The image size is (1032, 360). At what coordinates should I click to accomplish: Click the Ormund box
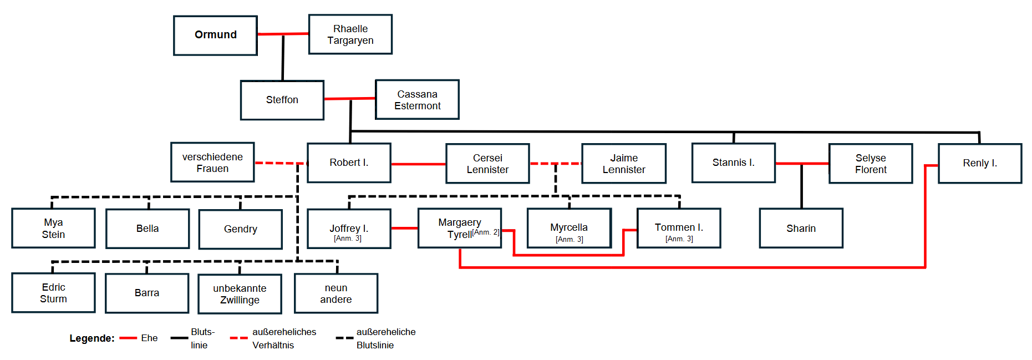(x=215, y=36)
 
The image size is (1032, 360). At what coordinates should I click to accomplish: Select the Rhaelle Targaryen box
(x=350, y=34)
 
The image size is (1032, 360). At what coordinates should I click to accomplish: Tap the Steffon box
(x=282, y=100)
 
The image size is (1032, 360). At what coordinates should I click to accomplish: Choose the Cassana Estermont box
(x=418, y=100)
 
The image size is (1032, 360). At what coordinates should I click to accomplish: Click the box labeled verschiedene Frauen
(x=212, y=163)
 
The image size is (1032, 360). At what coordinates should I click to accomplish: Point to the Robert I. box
(x=349, y=163)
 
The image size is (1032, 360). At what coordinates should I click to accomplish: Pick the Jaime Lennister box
(x=624, y=164)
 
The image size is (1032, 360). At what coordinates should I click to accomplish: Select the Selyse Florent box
(x=871, y=164)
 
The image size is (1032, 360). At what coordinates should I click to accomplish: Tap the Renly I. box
(x=980, y=164)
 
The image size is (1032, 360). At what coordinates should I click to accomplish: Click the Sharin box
(x=801, y=229)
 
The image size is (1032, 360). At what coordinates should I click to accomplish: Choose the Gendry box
(x=241, y=229)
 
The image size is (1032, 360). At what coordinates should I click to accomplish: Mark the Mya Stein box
(x=53, y=229)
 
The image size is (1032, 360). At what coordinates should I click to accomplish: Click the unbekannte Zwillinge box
(x=240, y=294)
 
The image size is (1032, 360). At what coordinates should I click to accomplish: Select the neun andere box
(x=336, y=293)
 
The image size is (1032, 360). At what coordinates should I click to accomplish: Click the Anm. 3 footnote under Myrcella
(x=570, y=240)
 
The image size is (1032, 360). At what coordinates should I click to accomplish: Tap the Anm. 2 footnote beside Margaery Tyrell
(x=486, y=232)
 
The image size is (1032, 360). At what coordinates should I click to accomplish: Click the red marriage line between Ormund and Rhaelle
(x=283, y=34)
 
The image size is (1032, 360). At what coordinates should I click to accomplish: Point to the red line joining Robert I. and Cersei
(x=419, y=164)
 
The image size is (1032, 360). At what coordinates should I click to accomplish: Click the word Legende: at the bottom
(x=92, y=338)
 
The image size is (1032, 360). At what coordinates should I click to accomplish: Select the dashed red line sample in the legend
(x=238, y=338)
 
